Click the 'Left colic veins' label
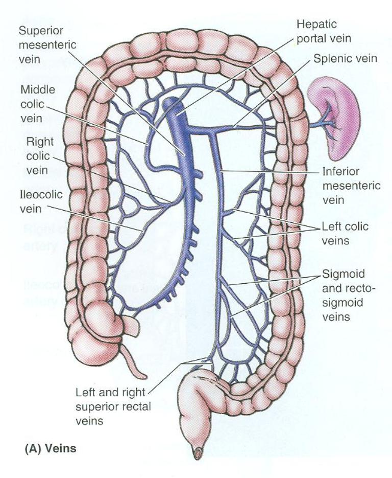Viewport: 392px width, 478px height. [x=345, y=232]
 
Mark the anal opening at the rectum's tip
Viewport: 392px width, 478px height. [x=197, y=451]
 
